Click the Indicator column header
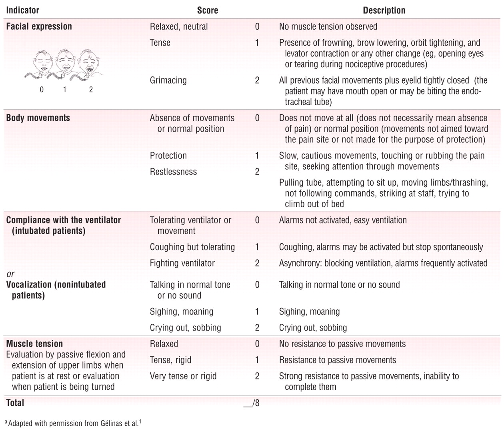23,10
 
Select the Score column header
208,10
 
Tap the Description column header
384,10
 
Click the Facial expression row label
39,26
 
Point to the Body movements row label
38,118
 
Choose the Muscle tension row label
34,343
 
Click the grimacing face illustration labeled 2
90,64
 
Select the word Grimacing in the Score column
168,80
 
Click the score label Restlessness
173,172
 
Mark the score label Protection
168,156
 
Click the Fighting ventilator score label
182,263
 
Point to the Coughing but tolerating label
192,247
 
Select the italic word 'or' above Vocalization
10,274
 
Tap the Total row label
15,403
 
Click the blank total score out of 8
252,403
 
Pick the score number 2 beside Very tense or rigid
257,376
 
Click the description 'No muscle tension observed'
328,26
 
